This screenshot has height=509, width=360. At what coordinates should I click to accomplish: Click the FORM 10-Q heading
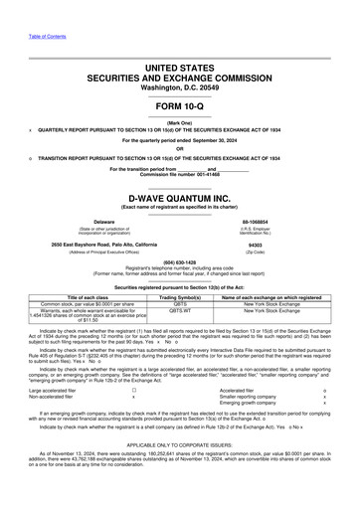coord(180,106)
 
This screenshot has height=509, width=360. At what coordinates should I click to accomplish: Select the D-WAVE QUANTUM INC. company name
coord(180,198)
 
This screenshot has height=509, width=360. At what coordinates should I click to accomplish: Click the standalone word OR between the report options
coord(180,150)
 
